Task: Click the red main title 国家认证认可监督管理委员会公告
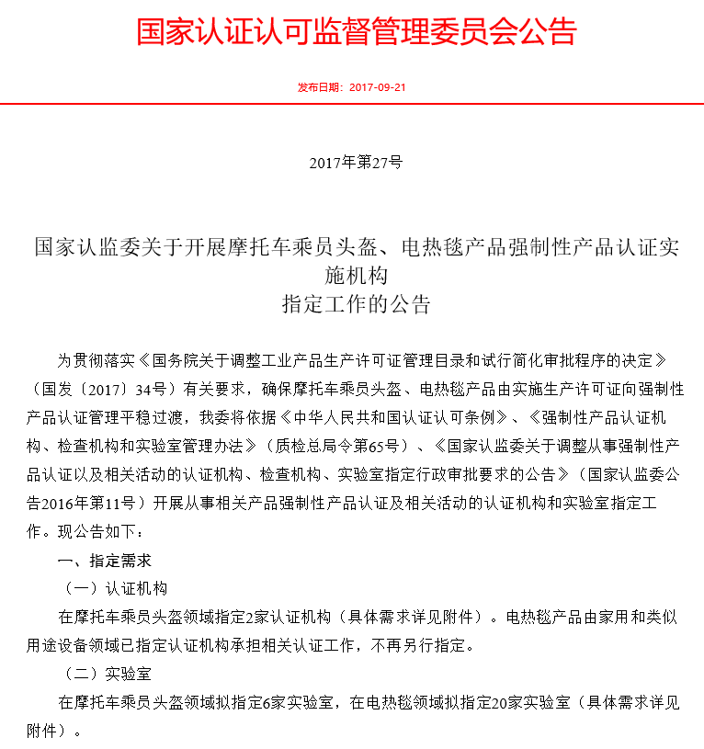coord(357,31)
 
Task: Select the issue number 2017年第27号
coord(356,163)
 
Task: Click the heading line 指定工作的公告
coord(356,304)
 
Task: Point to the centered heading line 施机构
coord(356,275)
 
